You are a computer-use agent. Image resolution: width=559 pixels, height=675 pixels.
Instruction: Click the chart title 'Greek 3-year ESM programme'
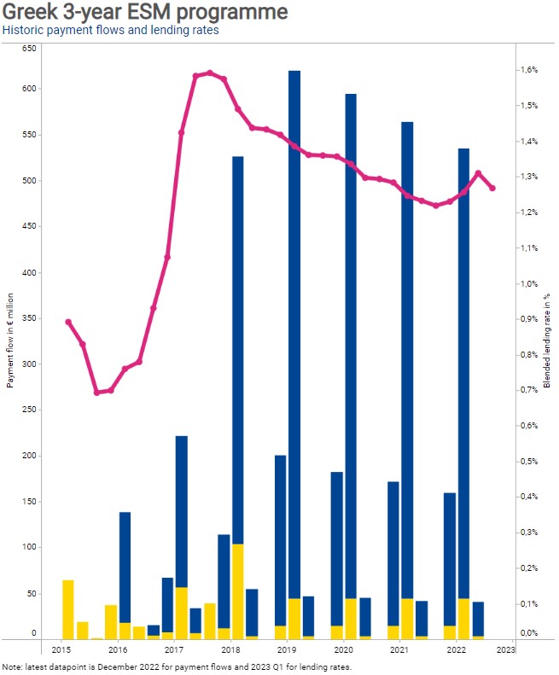coord(145,11)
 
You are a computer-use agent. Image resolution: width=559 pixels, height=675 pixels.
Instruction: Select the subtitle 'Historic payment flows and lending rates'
coord(110,30)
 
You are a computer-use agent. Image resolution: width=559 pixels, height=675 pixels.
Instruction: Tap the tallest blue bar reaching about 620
coord(294,335)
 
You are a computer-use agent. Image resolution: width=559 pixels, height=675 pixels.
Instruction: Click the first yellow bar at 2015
coord(68,609)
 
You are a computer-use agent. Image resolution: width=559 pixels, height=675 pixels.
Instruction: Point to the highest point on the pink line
coord(210,73)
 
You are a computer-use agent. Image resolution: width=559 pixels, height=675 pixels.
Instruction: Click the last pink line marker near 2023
coord(492,188)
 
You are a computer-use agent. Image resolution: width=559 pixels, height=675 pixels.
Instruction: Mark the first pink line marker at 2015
coord(68,322)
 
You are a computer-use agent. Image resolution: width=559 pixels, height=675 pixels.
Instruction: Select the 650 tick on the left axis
coord(29,48)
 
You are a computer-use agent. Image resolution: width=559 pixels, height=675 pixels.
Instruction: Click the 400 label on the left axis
coord(29,272)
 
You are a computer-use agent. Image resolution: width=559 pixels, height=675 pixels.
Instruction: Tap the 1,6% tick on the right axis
coord(528,70)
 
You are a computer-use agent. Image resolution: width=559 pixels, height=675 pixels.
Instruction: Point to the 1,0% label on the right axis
coord(528,283)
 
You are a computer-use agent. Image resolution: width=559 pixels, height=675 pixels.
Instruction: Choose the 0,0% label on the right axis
coord(528,633)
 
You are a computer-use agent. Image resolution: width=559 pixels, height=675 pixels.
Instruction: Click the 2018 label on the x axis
coord(230,649)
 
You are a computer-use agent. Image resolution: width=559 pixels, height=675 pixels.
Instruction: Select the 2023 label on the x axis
coord(505,649)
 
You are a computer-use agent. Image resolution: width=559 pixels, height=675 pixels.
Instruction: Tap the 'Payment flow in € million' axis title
coord(10,340)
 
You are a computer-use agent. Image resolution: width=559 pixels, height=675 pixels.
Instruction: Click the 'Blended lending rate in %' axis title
coord(547,340)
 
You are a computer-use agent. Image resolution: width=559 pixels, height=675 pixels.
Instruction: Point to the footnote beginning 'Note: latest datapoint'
coord(177,666)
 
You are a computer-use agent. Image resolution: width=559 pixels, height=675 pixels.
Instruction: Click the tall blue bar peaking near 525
coord(238,350)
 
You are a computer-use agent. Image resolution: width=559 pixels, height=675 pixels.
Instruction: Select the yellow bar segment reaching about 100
coord(238,591)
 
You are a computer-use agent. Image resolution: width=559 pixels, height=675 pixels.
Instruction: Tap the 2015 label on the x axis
coord(61,649)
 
